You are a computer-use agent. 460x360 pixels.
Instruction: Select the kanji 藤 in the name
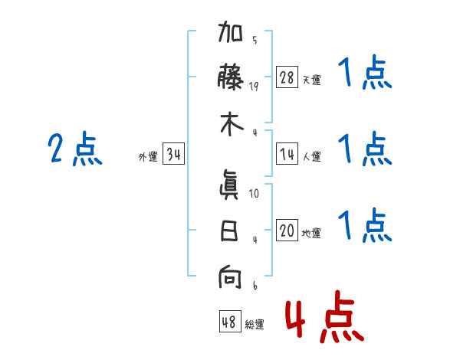[231, 77]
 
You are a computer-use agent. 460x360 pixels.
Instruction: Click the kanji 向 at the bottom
[231, 277]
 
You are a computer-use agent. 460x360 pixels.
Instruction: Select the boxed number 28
[287, 77]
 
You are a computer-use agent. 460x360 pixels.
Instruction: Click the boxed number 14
[287, 155]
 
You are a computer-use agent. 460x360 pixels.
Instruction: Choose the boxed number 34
[174, 155]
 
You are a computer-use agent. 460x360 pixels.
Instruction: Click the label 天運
[311, 80]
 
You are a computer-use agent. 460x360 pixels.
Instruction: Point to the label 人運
[311, 157]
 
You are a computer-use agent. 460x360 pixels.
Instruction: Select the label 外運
[148, 157]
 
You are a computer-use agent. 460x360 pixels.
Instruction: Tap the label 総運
[254, 325]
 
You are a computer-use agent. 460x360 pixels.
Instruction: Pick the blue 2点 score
[75, 149]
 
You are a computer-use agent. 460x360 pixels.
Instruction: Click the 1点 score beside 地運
[365, 227]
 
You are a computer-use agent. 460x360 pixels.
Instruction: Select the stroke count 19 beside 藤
[254, 87]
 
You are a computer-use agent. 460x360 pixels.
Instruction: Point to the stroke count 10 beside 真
[254, 195]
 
